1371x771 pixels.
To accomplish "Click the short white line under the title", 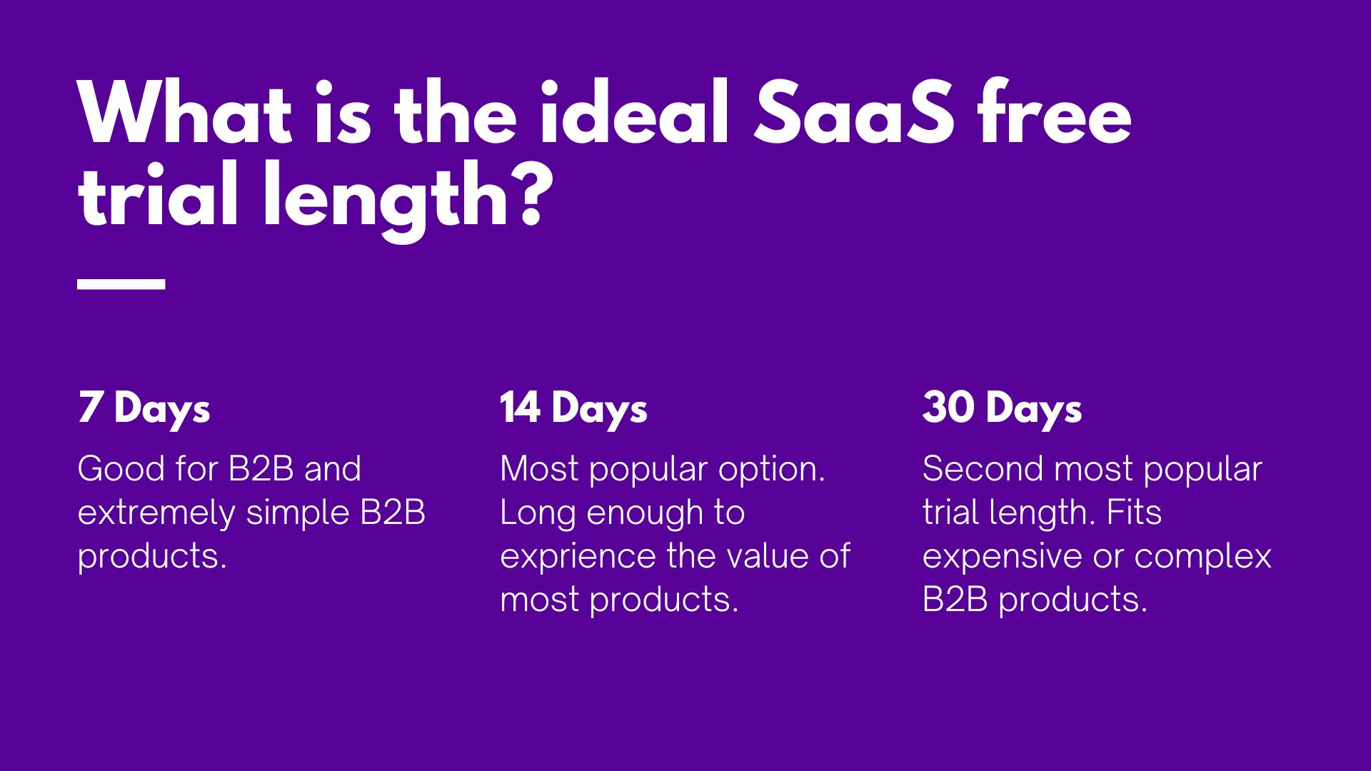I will point(121,283).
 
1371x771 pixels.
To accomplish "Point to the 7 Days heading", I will point(144,408).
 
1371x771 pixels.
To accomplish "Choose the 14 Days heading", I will point(573,408).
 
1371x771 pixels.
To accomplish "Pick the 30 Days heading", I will point(1002,408).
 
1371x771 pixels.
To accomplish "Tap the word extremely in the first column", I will point(156,513).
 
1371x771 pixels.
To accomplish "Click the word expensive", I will point(1000,557).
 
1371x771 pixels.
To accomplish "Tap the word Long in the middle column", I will point(530,513).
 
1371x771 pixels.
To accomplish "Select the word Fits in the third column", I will point(1133,513).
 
